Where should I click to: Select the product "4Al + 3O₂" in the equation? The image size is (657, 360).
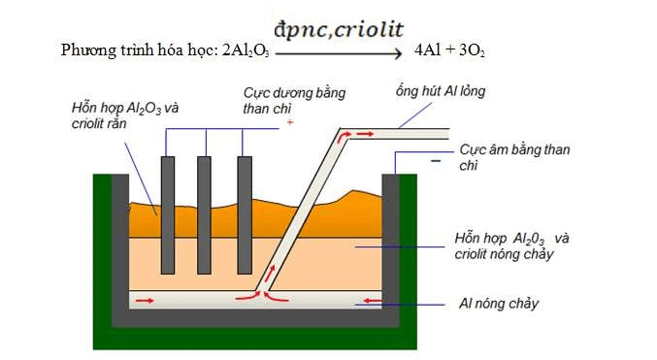coord(449,49)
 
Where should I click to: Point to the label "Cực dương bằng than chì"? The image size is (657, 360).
coord(294,100)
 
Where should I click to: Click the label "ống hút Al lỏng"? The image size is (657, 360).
coord(438,91)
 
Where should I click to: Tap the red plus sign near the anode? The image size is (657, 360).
coord(289,123)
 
